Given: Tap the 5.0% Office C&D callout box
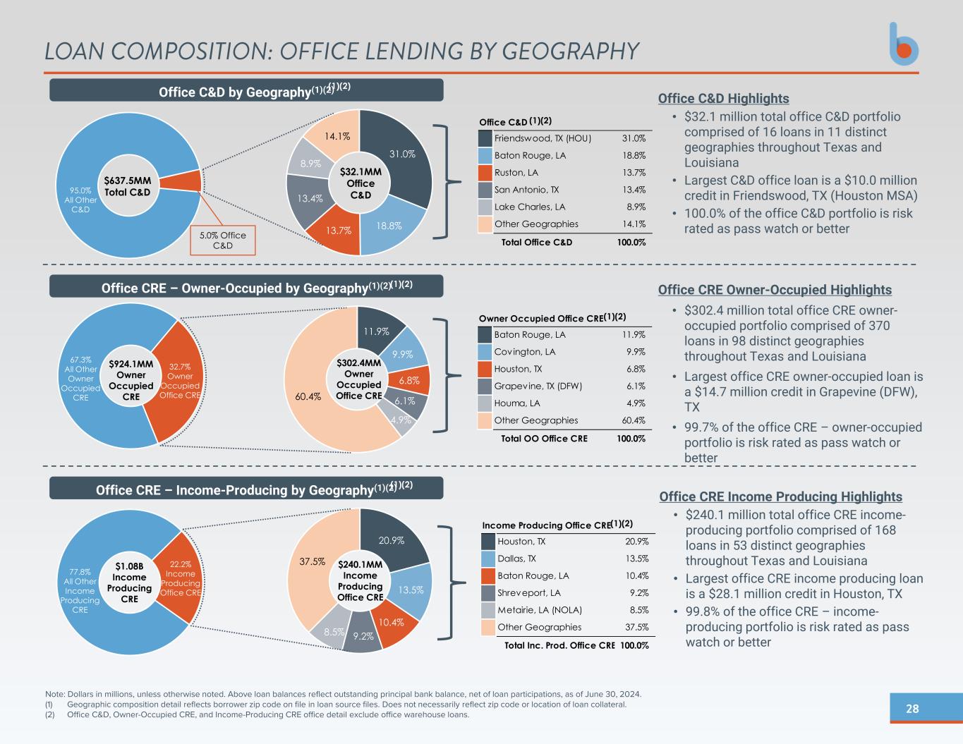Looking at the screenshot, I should coord(223,240).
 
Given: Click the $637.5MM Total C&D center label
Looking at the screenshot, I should coord(128,186).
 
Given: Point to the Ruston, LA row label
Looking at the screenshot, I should coord(516,173).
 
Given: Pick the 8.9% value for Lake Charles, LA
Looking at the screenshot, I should coord(635,207).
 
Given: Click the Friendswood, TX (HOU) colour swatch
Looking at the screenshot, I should coord(485,139).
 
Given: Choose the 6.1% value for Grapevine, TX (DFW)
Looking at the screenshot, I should coord(635,386).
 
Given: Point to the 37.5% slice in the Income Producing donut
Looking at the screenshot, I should coord(313,562).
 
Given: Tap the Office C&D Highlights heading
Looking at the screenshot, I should coord(723,99).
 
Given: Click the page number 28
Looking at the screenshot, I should coord(912,709).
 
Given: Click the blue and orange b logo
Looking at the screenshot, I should coord(903,44).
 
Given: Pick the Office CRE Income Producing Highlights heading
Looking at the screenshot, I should coord(780,496).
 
